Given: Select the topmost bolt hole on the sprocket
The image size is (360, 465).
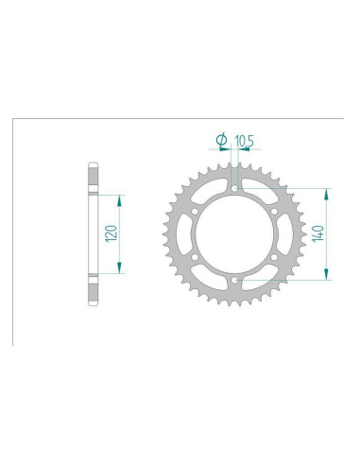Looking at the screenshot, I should click(233, 188).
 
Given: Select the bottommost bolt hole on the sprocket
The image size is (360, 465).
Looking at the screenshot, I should click(233, 281).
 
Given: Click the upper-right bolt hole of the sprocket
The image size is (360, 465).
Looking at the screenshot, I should click(273, 211).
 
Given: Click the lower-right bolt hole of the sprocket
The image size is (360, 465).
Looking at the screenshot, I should click(273, 257).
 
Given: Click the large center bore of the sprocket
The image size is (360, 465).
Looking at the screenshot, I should click(233, 234).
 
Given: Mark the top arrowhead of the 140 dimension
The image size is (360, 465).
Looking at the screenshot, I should click(327, 192).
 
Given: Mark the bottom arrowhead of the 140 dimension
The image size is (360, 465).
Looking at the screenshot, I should click(327, 277).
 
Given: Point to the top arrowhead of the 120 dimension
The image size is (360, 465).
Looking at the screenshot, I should click(120, 198).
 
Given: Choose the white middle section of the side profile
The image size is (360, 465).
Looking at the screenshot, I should click(93, 234).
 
